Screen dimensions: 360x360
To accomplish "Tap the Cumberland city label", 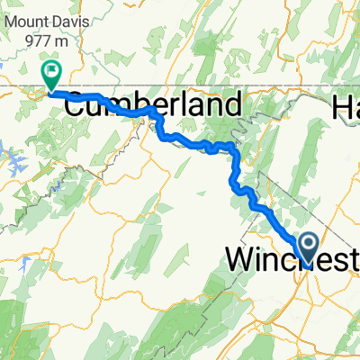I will point(154,105).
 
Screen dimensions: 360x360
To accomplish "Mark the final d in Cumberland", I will point(233,105).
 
